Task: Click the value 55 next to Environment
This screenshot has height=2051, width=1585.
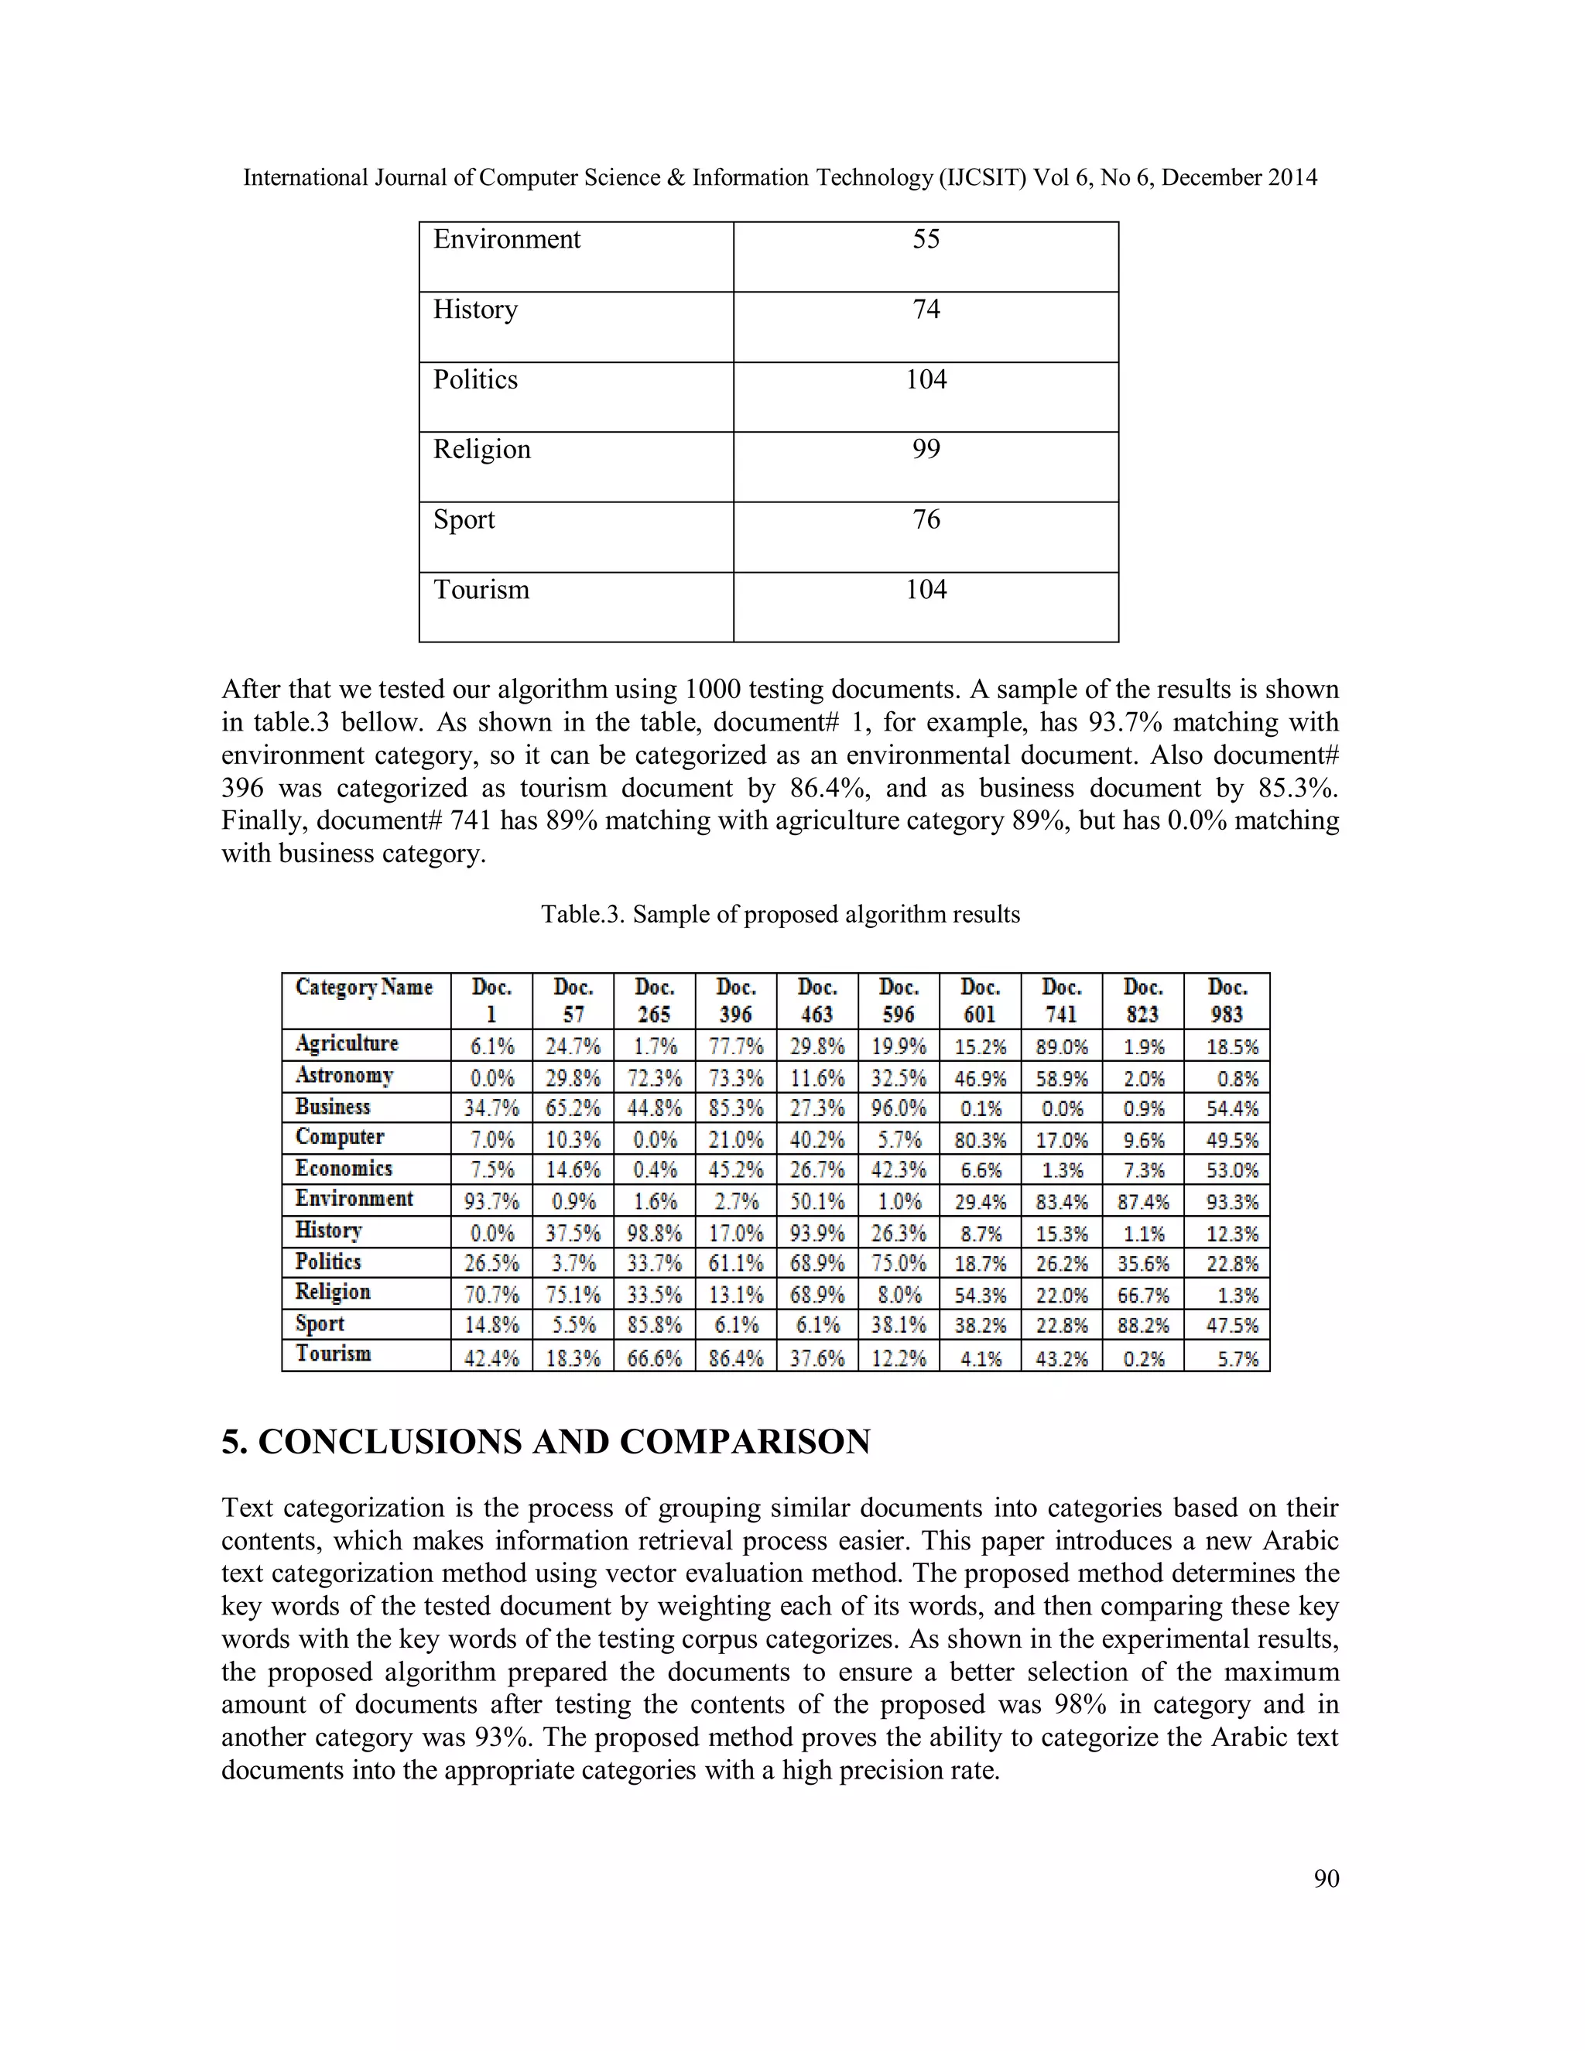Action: [926, 239]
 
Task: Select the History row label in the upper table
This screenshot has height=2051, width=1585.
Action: [475, 310]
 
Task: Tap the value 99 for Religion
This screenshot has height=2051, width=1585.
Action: [926, 450]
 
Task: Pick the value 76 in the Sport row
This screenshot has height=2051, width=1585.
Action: [926, 520]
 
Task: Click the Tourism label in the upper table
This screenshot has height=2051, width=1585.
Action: [481, 590]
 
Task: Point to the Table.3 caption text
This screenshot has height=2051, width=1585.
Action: [779, 915]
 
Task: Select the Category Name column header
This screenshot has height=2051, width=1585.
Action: [365, 987]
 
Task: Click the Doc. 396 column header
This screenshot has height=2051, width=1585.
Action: [735, 1001]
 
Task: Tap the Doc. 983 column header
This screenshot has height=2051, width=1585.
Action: [1227, 1001]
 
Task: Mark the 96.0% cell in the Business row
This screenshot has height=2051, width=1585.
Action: [898, 1108]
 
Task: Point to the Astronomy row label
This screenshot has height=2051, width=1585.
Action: [344, 1075]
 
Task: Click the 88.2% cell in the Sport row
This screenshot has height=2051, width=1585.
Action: [1143, 1325]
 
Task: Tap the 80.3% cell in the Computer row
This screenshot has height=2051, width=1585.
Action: [981, 1140]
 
